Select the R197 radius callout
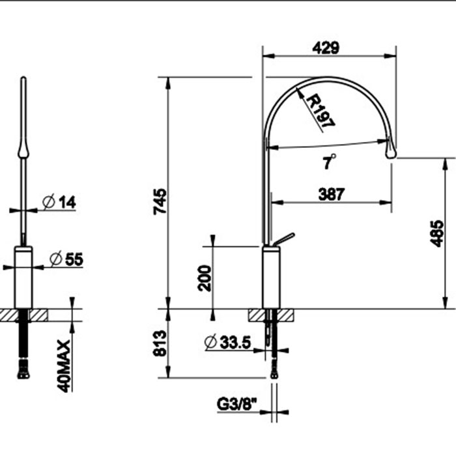pos(319,110)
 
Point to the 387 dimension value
pos(332,193)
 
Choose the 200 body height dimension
pos(204,278)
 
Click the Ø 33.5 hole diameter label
pos(227,341)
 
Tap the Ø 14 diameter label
pos(59,203)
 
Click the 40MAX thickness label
pos(63,365)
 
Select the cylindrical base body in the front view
pos(23,278)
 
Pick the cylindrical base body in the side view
pos(270,278)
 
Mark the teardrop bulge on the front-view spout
pos(23,151)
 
